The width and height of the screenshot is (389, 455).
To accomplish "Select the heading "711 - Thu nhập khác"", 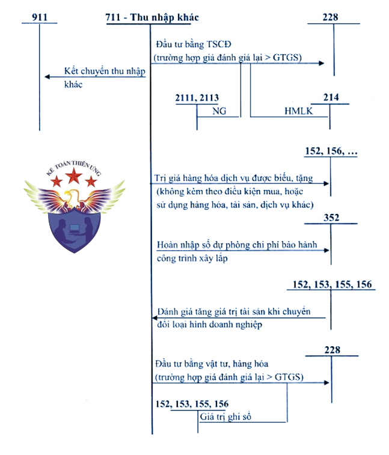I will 152,17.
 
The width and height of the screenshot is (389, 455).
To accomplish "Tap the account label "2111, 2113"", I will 197,98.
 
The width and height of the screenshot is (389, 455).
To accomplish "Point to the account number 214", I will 331,98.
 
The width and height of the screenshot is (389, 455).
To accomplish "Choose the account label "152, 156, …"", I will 331,152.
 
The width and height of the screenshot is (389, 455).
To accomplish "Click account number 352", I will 331,218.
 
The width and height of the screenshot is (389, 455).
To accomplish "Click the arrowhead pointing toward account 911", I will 47,76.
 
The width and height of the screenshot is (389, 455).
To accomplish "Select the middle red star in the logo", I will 75,176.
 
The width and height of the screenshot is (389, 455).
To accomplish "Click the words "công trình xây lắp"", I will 192,259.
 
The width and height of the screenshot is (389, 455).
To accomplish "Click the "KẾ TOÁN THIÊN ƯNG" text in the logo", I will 74,165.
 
